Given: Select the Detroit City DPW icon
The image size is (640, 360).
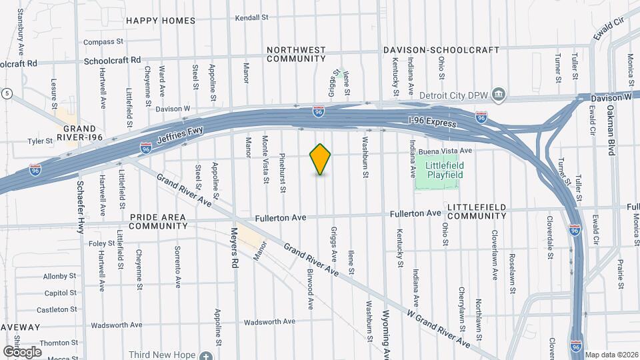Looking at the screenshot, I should point(499,95).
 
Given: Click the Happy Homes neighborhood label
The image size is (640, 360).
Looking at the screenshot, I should point(161,21).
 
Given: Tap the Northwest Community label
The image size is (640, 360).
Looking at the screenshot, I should point(296,54).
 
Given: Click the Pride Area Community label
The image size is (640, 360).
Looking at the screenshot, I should point(158,221).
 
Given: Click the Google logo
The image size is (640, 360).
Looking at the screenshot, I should point(22,351).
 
